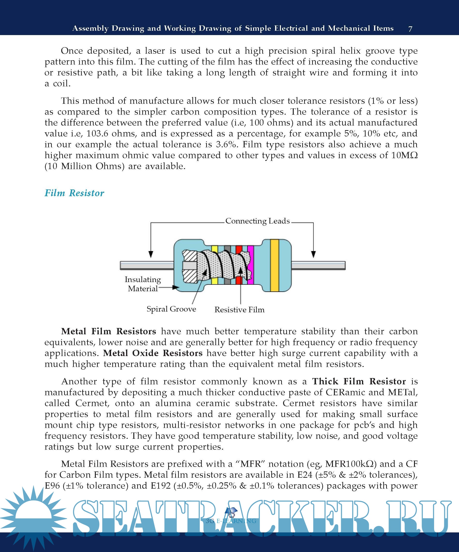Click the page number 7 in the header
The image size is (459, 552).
pos(410,29)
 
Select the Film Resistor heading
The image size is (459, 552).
pos(74,193)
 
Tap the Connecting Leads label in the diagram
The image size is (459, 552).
pos(257,221)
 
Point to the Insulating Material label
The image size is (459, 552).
pos(143,284)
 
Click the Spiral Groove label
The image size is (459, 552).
pos(171,309)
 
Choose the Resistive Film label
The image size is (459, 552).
pos(239,310)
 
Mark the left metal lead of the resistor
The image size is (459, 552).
pos(146,266)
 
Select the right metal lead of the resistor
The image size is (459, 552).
pos(318,266)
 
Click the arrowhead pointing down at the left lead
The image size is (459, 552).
pos(151,254)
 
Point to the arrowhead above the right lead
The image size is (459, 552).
pos(313,254)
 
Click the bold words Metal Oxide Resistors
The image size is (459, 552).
pos(153,353)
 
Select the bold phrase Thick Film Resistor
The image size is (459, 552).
pos(359,381)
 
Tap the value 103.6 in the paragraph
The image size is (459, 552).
pos(97,134)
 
